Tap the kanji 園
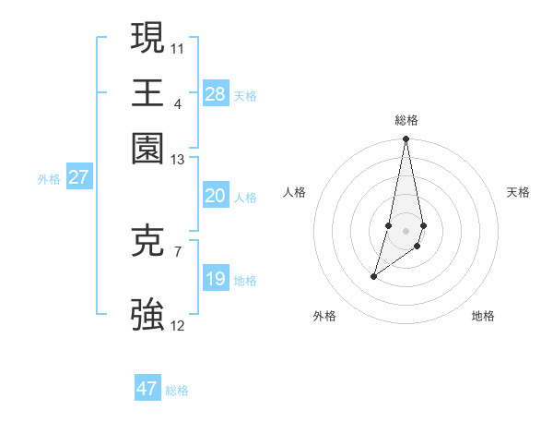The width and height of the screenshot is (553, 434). coord(148,147)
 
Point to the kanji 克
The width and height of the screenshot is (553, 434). coord(148,241)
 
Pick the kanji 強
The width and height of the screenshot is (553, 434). coord(148,314)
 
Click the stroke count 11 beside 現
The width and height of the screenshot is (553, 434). coord(178,47)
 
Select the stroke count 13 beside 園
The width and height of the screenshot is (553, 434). coord(178,160)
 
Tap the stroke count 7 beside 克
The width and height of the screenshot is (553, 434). coord(177,250)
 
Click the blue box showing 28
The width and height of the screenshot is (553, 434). coord(215,93)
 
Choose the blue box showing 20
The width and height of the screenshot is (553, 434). coord(215,195)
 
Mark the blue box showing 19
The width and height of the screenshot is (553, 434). coord(215,279)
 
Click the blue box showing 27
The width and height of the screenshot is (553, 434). coord(78,177)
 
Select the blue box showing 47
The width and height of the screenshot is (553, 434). coord(147,389)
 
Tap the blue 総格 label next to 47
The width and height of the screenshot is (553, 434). coord(177,391)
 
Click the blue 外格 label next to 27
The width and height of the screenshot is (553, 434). coord(49,179)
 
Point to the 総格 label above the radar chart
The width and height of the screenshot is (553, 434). coord(406,120)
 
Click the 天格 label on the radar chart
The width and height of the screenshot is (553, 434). coord(518,192)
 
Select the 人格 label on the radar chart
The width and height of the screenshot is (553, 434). coord(294,192)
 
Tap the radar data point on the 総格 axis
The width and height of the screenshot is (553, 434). coord(406,139)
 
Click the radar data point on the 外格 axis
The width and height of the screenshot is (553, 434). coord(373,276)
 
